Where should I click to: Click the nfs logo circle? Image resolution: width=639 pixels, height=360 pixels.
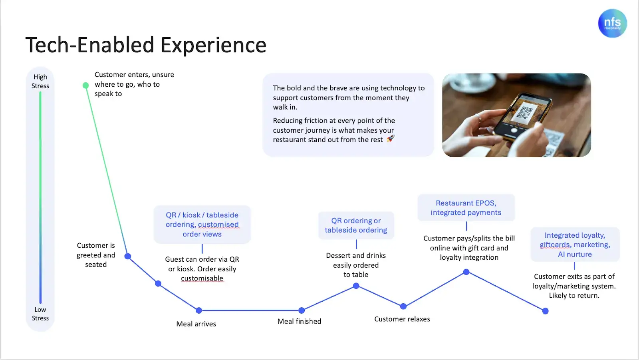pyautogui.click(x=612, y=23)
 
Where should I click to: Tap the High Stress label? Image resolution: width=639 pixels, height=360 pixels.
pyautogui.click(x=40, y=81)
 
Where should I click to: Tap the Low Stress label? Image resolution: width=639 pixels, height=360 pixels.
pyautogui.click(x=40, y=314)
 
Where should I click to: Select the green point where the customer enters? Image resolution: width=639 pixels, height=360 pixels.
pyautogui.click(x=85, y=85)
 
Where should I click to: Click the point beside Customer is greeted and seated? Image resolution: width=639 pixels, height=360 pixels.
pyautogui.click(x=128, y=256)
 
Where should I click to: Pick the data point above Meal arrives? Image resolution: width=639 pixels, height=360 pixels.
pyautogui.click(x=199, y=310)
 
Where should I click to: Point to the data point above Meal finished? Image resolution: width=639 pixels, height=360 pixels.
pyautogui.click(x=302, y=310)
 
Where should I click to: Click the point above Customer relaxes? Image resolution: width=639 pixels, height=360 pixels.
pyautogui.click(x=403, y=306)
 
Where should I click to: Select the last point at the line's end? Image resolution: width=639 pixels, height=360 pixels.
pyautogui.click(x=546, y=311)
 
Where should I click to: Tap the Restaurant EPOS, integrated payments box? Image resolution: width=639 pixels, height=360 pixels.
pyautogui.click(x=466, y=208)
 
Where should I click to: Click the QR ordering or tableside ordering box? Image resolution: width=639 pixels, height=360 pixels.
pyautogui.click(x=356, y=225)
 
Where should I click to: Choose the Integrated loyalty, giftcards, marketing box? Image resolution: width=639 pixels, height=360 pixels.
pyautogui.click(x=575, y=245)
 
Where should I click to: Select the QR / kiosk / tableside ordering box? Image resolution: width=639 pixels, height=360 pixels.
pyautogui.click(x=202, y=225)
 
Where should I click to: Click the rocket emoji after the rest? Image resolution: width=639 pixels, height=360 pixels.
pyautogui.click(x=391, y=139)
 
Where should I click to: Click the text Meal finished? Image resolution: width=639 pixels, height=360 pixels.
pyautogui.click(x=299, y=321)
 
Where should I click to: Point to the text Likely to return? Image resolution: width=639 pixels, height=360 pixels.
pyautogui.click(x=574, y=296)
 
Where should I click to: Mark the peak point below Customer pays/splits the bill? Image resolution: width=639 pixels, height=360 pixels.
pyautogui.click(x=466, y=272)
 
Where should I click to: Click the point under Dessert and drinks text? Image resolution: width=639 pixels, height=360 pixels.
pyautogui.click(x=356, y=286)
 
